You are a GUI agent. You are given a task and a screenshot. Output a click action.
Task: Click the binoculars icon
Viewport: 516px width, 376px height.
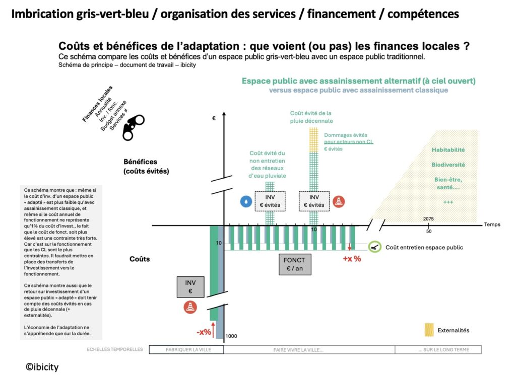134,127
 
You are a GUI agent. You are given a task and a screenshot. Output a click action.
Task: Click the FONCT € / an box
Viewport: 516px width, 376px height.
295,265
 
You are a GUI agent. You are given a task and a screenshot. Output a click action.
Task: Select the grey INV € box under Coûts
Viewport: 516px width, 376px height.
190,287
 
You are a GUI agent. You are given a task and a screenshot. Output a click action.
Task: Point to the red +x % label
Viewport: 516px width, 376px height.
352,259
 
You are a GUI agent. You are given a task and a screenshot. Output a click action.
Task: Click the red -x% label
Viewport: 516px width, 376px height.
204,332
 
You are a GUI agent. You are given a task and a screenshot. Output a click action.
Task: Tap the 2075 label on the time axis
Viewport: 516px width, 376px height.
428,219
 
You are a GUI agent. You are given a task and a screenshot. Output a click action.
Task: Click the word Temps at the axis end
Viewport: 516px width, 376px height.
492,224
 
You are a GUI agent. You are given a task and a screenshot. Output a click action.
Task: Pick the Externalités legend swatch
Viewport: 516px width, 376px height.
429,330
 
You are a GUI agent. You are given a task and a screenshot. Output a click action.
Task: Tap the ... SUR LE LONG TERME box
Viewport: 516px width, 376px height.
438,349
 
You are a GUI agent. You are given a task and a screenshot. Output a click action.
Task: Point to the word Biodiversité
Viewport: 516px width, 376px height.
448,165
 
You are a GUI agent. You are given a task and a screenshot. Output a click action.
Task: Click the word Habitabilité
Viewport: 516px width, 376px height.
448,149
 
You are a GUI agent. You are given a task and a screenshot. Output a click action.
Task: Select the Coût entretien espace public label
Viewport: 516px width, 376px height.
424,247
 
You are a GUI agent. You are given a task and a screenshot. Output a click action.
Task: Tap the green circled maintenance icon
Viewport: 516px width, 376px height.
374,247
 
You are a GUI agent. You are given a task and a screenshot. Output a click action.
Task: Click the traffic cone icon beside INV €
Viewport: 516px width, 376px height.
190,307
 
